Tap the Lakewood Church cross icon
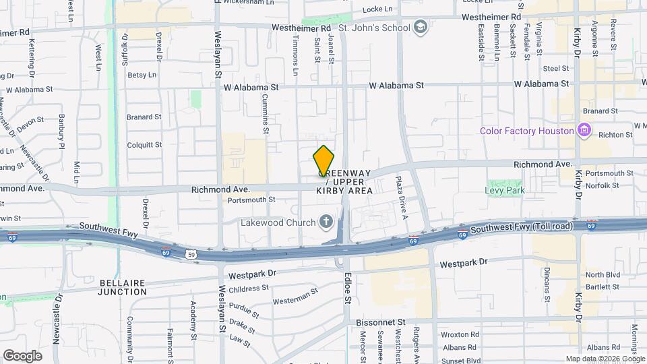click(x=326, y=222)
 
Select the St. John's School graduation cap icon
click(x=421, y=28)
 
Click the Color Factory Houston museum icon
click(x=584, y=130)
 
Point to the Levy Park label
click(x=504, y=190)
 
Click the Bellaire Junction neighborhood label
click(x=122, y=286)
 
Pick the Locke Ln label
click(x=377, y=9)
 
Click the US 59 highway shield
click(x=191, y=253)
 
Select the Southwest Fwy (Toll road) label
click(x=522, y=227)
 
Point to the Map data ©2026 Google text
click(x=605, y=359)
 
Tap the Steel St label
click(x=557, y=68)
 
